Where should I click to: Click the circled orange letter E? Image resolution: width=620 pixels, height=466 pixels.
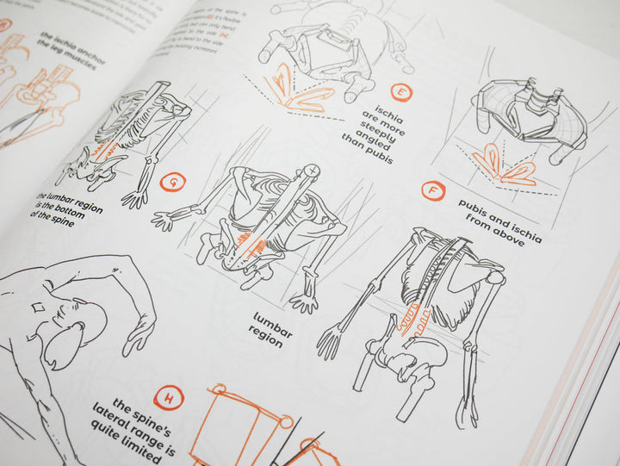click(400, 92)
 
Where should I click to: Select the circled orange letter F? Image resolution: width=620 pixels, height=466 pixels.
click(433, 191)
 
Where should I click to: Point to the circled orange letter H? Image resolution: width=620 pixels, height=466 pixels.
click(172, 399)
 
